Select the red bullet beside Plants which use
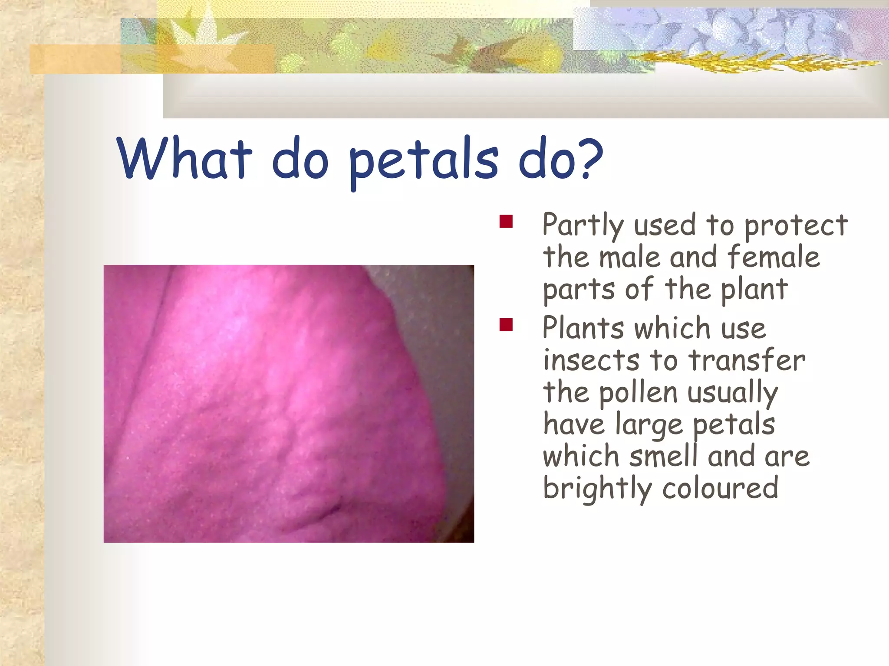tap(506, 324)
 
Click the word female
tap(773, 257)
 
